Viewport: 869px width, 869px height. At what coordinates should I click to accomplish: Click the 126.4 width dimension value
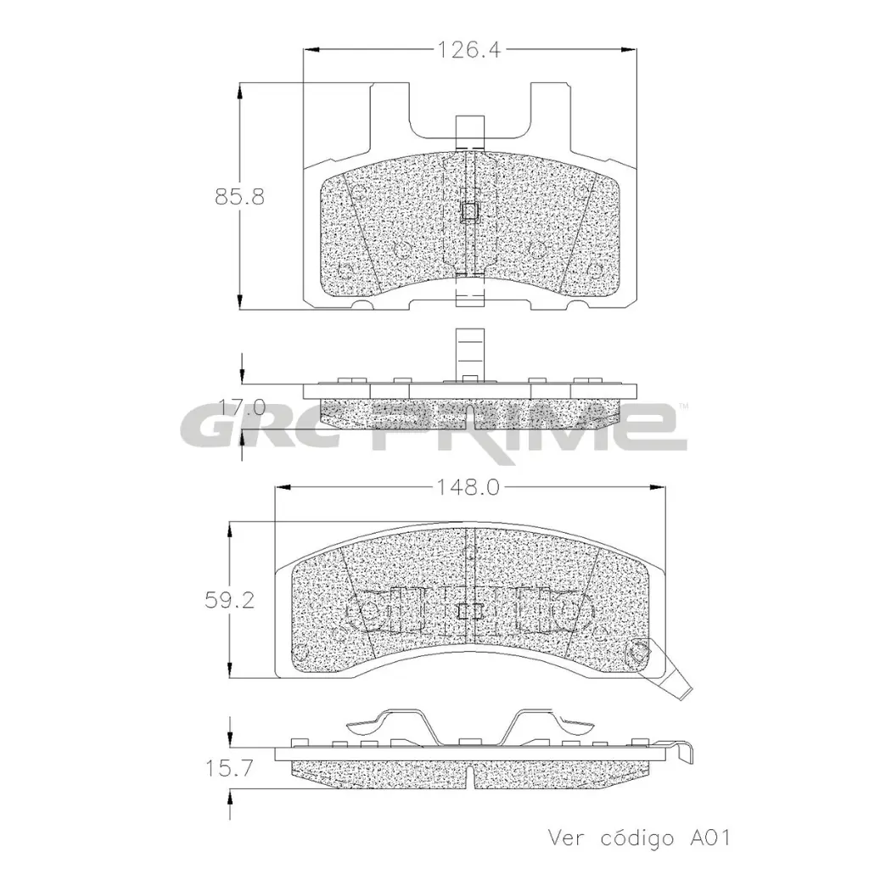[468, 50]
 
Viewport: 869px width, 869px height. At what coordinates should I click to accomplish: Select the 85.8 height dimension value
[239, 197]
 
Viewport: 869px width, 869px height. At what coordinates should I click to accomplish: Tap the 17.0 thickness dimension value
[242, 407]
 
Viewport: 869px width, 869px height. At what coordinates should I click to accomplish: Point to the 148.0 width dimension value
[468, 487]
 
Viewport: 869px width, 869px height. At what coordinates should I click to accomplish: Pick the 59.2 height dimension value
[229, 600]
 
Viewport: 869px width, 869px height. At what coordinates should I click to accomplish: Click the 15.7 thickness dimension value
[229, 768]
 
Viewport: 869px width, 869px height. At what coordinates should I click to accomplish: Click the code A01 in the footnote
[710, 838]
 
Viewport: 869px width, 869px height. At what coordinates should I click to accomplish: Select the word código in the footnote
[636, 838]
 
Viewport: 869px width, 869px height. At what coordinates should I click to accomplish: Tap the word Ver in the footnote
[566, 838]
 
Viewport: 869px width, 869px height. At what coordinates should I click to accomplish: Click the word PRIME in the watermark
[530, 426]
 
